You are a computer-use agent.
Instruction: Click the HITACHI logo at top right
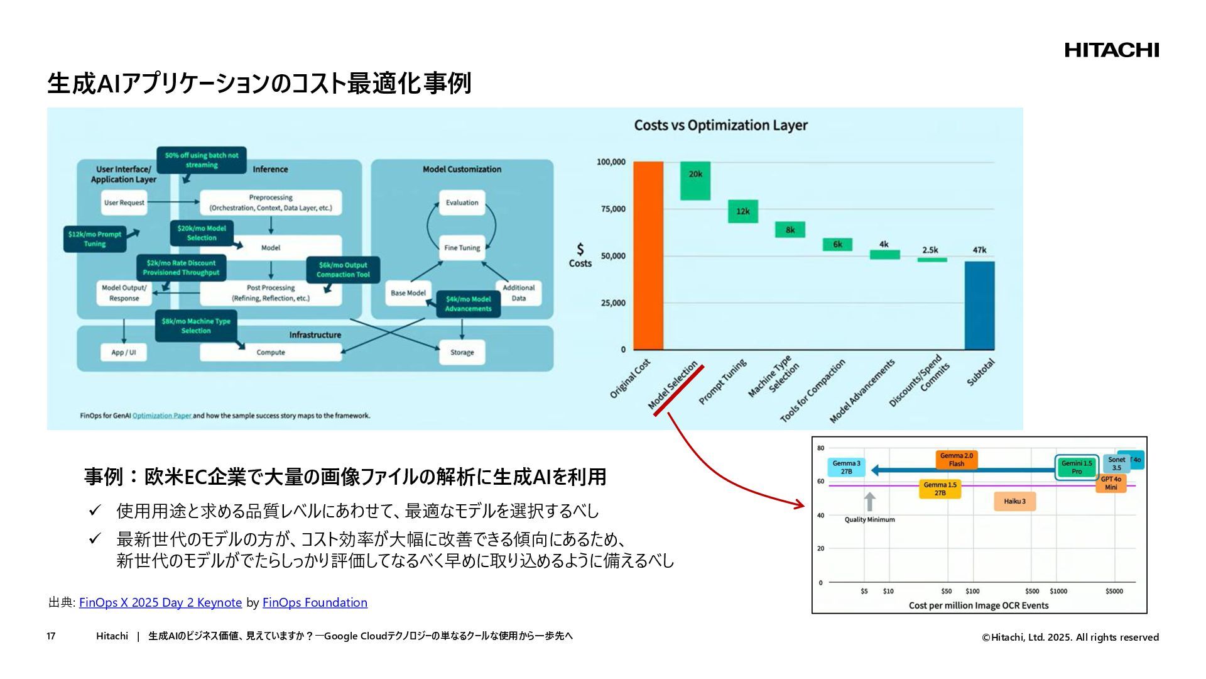click(x=1111, y=50)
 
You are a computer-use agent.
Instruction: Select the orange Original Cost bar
click(x=648, y=255)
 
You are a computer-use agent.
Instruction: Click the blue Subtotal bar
click(x=979, y=306)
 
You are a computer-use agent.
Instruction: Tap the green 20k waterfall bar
click(x=695, y=181)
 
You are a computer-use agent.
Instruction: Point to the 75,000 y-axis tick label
click(x=613, y=209)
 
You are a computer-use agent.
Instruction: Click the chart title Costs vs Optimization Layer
click(x=720, y=125)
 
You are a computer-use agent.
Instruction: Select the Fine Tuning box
click(x=462, y=248)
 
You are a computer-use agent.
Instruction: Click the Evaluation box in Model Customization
click(x=462, y=202)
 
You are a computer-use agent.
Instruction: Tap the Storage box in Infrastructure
click(x=462, y=353)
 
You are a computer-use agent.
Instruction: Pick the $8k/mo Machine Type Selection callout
click(x=196, y=326)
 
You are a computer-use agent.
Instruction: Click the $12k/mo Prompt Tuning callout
click(x=95, y=239)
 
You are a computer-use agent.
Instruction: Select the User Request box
click(x=124, y=202)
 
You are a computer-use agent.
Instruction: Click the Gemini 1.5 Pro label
click(x=1077, y=467)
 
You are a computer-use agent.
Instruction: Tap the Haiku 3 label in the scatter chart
click(x=1014, y=501)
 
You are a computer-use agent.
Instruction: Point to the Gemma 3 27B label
click(x=846, y=467)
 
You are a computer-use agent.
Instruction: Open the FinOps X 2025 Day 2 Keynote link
click(x=160, y=602)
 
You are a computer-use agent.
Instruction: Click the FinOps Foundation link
click(x=315, y=602)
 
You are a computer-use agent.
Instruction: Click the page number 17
click(x=51, y=636)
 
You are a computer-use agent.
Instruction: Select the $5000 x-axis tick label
click(x=1114, y=591)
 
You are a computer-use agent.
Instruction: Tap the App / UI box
click(x=124, y=353)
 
